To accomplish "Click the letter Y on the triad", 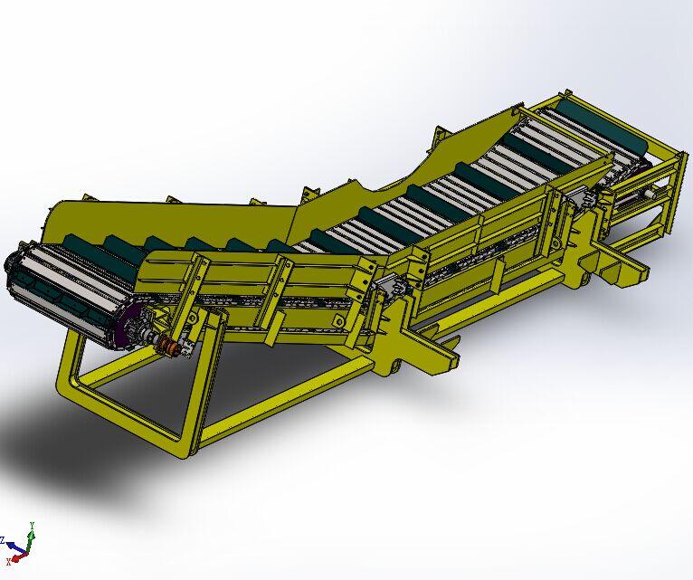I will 33,524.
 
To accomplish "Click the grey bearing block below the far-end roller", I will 648,192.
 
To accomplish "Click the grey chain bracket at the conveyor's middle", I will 390,289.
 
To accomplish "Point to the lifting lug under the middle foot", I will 394,366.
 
